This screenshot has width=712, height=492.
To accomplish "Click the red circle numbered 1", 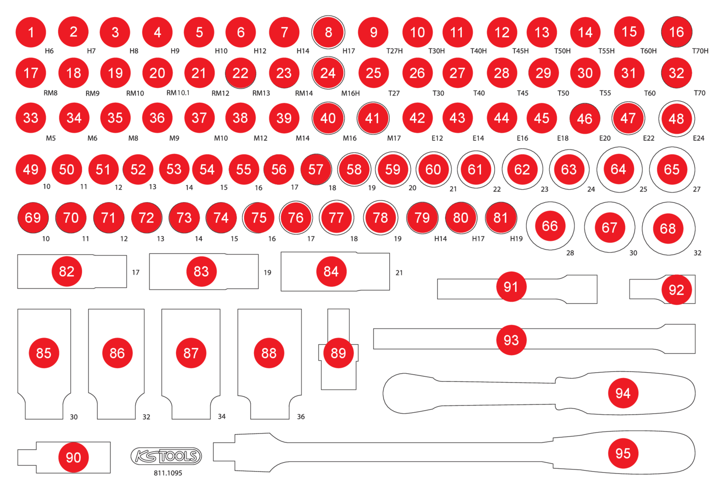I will pos(31,32).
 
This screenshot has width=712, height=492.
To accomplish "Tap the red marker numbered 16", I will pos(676,32).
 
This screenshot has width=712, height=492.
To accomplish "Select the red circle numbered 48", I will pos(676,118).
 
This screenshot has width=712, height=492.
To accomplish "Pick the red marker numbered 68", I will pos(668,229).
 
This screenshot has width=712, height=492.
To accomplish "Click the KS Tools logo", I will pos(166,456).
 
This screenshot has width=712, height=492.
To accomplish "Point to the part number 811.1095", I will pos(168,473).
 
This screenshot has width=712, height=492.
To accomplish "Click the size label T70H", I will pos(700,51).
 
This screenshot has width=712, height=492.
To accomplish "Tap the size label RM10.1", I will pos(178,93).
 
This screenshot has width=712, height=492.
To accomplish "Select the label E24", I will pos(699,138).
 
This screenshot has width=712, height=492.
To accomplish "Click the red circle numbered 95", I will pos(623,453).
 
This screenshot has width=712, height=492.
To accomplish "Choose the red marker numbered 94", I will pos(623,393).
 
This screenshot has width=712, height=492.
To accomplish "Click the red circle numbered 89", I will pos(338,353).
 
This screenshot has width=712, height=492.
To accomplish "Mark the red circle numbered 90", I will pos(73,457).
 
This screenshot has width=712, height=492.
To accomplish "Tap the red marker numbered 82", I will pos(66,271).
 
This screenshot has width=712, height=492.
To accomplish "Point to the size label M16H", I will pos(350,93).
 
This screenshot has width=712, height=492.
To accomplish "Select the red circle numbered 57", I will pos(316,169).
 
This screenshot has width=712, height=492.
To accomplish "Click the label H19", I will pos(516,239).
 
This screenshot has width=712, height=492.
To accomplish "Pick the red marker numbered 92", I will pos(676,289).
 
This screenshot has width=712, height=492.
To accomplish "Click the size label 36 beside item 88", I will pos(301,416).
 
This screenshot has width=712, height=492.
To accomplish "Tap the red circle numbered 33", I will pos(31,118).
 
